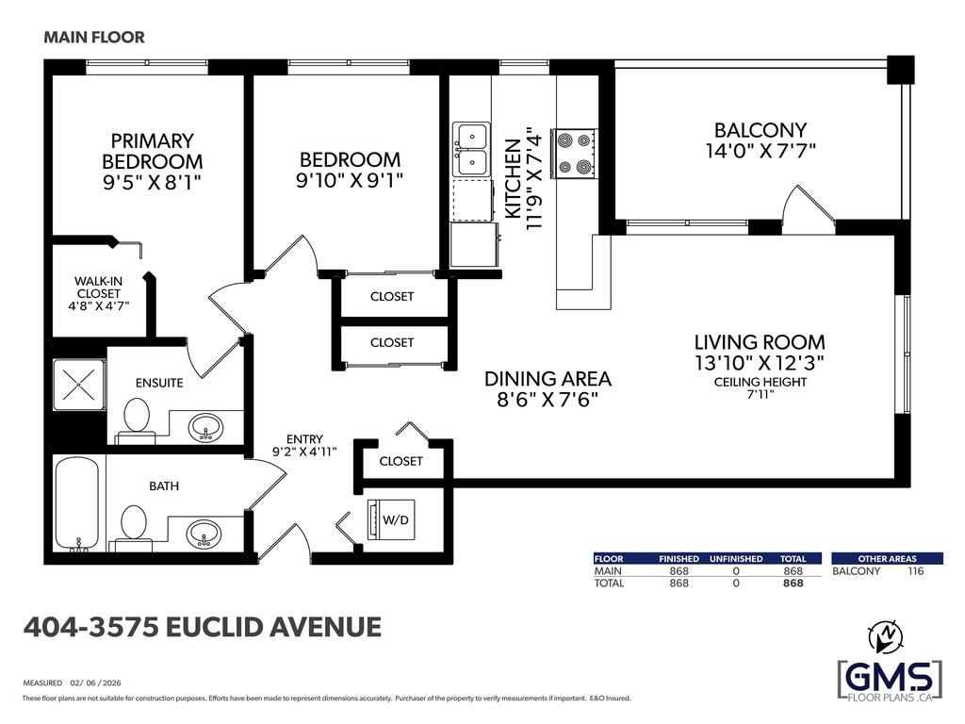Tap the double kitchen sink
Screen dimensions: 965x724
[472, 150]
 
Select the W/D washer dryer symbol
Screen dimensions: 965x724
[391, 520]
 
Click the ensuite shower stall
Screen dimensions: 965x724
[79, 385]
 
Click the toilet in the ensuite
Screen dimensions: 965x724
[136, 420]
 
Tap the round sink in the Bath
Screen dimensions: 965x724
[204, 534]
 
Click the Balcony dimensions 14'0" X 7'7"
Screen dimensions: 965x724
[761, 151]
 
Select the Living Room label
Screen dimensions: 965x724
[760, 342]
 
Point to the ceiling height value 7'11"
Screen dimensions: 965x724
[761, 395]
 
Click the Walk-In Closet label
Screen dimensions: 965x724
[98, 288]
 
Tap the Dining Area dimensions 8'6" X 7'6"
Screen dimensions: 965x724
[548, 400]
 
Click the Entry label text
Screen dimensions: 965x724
[304, 439]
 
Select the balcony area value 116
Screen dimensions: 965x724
[916, 570]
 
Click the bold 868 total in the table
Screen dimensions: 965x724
[793, 583]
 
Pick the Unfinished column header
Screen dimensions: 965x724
[736, 559]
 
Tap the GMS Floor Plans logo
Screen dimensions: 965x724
[890, 680]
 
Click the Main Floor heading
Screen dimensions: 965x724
[94, 38]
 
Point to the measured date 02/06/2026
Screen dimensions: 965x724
[95, 683]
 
